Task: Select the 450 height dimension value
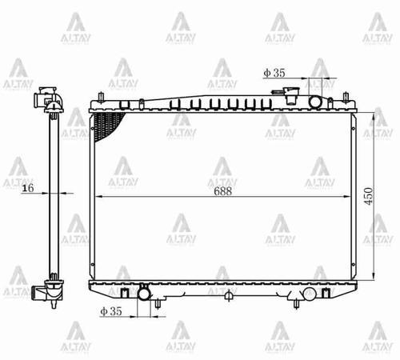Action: [x=370, y=198]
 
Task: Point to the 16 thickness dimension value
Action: [x=28, y=189]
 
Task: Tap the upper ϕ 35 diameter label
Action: [x=274, y=73]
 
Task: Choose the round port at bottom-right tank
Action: [x=309, y=293]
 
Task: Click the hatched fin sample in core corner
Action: [x=107, y=124]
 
